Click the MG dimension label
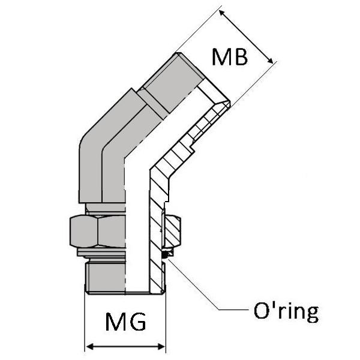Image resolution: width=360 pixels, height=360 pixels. [125, 322]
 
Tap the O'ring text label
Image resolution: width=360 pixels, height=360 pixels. [282, 311]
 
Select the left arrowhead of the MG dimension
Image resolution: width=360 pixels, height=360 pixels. [89, 347]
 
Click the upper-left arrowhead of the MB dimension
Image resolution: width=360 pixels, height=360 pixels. [221, 11]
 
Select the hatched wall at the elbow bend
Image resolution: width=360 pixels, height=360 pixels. [160, 180]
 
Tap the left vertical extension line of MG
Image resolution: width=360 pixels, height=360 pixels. [85, 324]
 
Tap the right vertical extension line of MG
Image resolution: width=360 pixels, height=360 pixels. [165, 324]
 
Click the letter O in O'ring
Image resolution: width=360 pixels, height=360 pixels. [256, 311]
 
